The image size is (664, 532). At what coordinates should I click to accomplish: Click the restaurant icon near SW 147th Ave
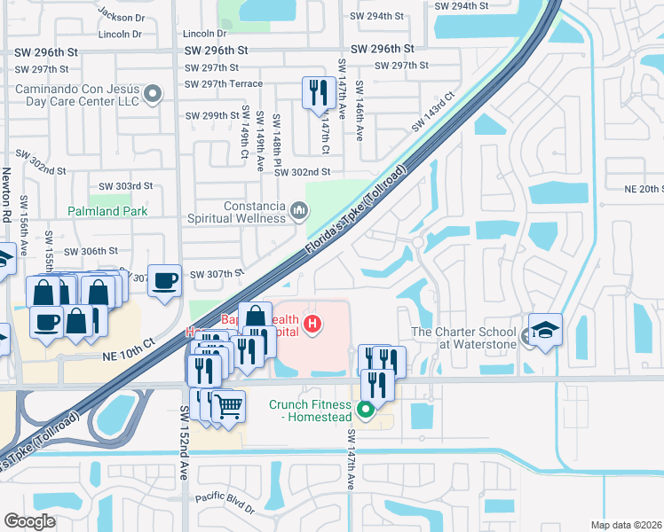coord(317,91)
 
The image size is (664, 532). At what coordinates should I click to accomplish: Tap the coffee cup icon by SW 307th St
coord(164,281)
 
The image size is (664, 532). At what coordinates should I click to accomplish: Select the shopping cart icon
coord(228,406)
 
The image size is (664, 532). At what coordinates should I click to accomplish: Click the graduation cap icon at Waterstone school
coord(545,328)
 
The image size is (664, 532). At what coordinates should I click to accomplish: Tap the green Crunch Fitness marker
coord(365,410)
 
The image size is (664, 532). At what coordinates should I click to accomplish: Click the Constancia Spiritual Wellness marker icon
coord(299,210)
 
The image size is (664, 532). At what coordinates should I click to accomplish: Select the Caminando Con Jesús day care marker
coord(153,93)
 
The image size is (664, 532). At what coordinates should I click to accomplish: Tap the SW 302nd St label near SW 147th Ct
coord(302,172)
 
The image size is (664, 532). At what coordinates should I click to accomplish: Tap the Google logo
coord(29,521)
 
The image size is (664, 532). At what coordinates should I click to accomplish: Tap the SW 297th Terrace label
coord(224,84)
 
